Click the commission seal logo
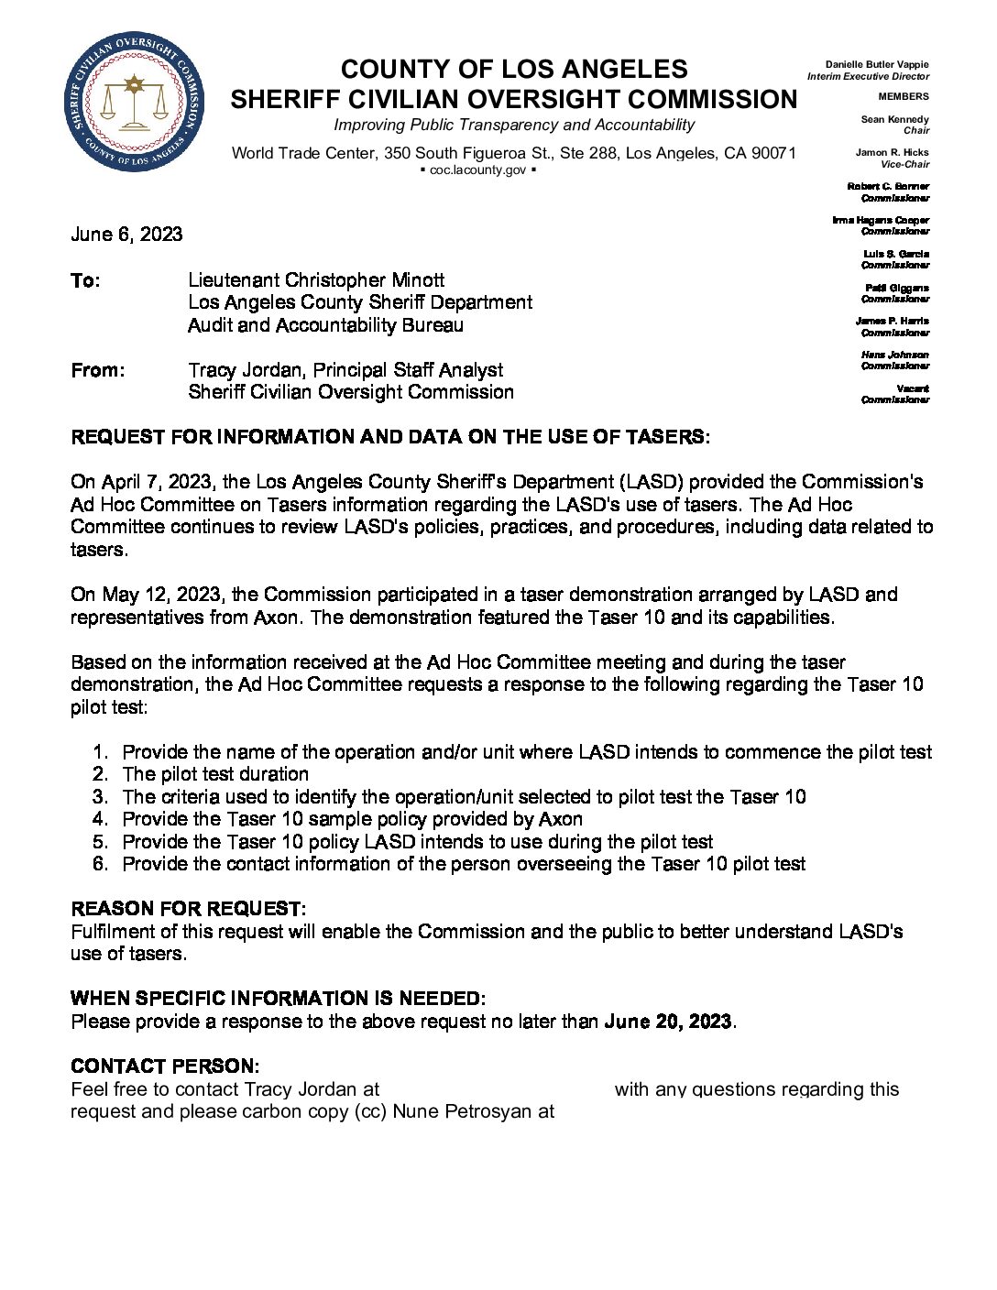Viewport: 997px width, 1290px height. (x=134, y=102)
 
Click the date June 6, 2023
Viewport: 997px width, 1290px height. (x=126, y=235)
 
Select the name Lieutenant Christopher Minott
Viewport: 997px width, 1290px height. (x=316, y=280)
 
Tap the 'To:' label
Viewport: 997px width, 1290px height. (x=85, y=280)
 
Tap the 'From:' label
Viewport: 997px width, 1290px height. (x=97, y=370)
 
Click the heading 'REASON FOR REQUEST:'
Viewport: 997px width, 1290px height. (x=188, y=909)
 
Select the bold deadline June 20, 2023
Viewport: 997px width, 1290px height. (x=668, y=1022)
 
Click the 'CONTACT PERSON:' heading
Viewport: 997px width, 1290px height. (x=165, y=1066)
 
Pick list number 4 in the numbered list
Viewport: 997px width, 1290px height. (x=100, y=819)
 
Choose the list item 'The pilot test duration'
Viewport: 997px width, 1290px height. (x=215, y=774)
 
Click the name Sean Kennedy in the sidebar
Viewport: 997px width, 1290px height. (x=894, y=119)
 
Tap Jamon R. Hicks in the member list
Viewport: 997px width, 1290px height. (x=892, y=153)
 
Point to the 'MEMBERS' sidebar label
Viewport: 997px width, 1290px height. (x=903, y=96)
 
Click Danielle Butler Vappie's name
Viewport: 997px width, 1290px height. (x=876, y=65)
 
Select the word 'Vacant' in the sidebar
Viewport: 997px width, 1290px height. (x=913, y=388)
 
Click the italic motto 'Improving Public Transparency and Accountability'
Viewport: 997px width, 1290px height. (x=513, y=125)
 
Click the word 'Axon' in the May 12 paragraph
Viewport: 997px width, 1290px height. (x=276, y=618)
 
